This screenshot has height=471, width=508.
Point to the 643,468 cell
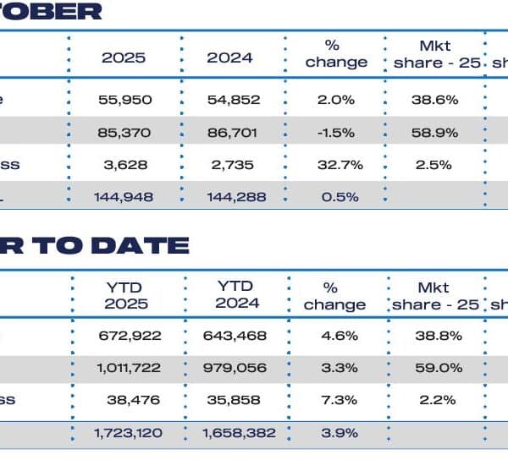235,335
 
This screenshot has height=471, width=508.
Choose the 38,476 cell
129,399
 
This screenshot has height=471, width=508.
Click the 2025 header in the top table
124,58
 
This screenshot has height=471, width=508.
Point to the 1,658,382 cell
235,432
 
